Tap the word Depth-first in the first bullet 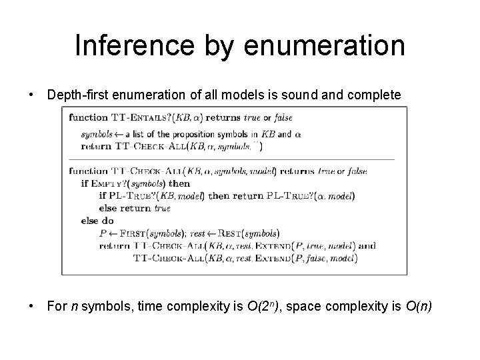pyautogui.click(x=78, y=96)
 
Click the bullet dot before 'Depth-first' pyautogui.click(x=32, y=96)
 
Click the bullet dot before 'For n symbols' pyautogui.click(x=32, y=306)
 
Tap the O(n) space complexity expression pyautogui.click(x=418, y=306)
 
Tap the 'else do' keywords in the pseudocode pyautogui.click(x=97, y=221)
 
